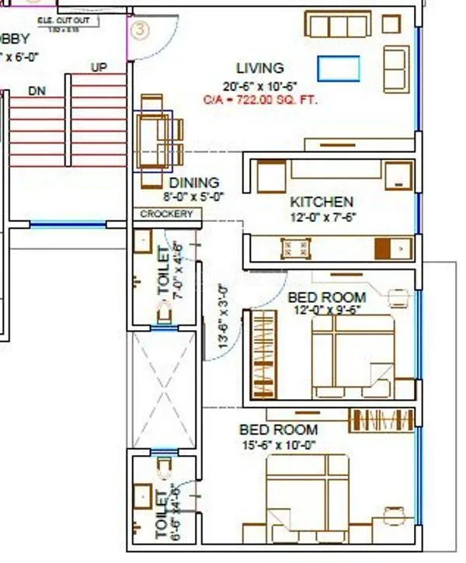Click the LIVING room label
[x=260, y=68]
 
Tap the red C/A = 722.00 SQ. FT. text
[x=260, y=100]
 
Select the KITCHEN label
[x=322, y=202]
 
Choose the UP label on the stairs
[x=99, y=68]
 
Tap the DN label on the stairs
[x=37, y=91]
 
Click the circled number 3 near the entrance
[x=139, y=31]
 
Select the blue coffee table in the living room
[x=338, y=68]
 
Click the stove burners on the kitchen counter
[x=296, y=248]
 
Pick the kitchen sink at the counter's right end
[x=392, y=248]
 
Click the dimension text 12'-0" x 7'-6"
[x=322, y=217]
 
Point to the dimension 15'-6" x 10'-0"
[x=279, y=445]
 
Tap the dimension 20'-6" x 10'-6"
[x=260, y=85]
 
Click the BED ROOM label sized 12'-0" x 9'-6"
[x=326, y=297]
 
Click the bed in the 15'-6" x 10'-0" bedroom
[x=308, y=497]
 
